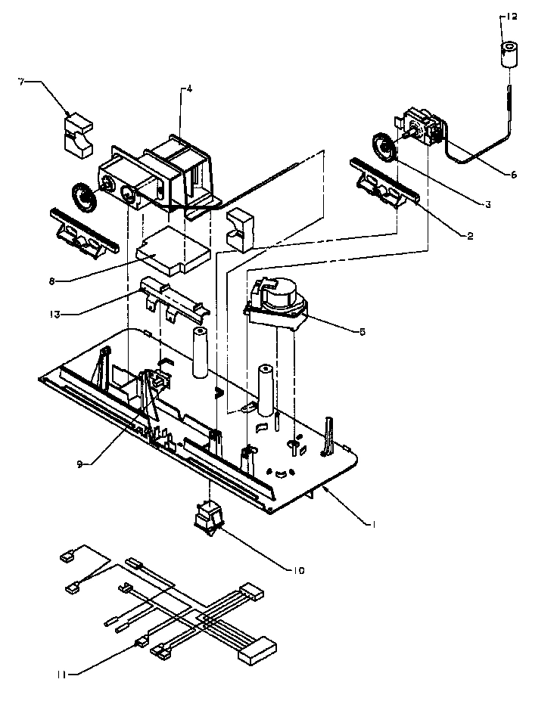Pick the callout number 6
coord(512,174)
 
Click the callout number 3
coord(490,204)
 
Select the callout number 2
coord(469,236)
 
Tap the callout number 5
coord(362,331)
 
